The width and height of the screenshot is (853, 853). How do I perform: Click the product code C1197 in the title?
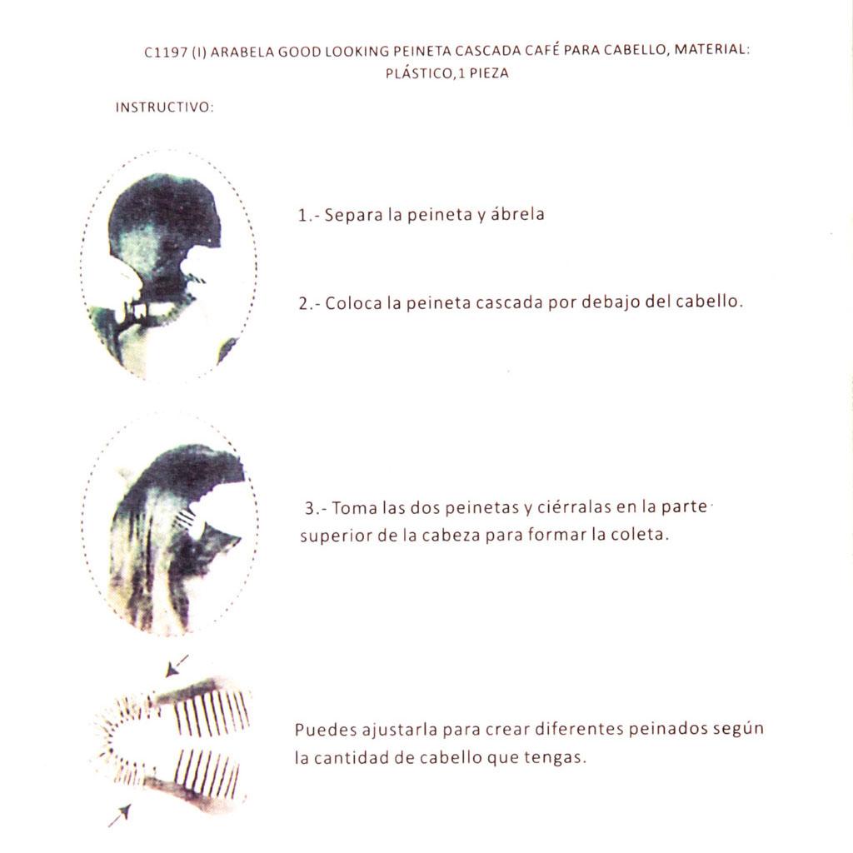click(x=166, y=52)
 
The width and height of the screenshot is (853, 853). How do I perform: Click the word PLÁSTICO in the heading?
click(x=418, y=73)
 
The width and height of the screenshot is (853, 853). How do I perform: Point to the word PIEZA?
click(x=489, y=73)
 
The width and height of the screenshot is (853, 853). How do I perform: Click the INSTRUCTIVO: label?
click(x=164, y=107)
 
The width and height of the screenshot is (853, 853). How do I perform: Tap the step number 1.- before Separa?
click(x=308, y=216)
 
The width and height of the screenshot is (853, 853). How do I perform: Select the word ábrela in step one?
click(x=517, y=214)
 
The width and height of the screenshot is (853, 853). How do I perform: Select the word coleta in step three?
click(x=640, y=534)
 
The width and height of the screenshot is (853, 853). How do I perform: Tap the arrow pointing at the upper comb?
click(x=177, y=666)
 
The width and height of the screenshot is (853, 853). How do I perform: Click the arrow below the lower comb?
click(x=120, y=816)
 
